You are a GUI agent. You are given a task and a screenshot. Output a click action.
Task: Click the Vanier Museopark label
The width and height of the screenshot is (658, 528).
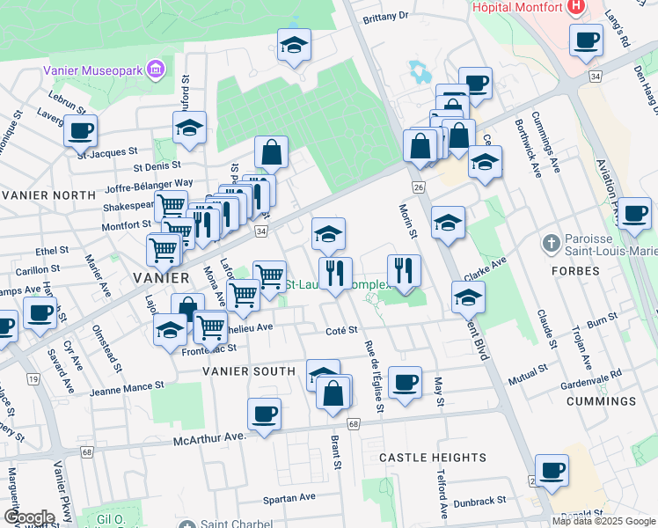[95, 70]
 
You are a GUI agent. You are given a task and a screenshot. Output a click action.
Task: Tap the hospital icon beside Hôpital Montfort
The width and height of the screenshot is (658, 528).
[575, 7]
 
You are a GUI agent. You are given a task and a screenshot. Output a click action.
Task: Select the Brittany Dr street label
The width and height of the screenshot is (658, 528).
[386, 16]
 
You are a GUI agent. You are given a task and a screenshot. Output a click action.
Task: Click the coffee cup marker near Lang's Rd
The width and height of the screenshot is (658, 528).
[586, 40]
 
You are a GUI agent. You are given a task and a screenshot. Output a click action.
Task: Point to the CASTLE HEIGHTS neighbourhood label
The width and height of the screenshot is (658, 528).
[432, 458]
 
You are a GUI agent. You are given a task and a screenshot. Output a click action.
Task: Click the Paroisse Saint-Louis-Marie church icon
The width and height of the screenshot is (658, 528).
[551, 242]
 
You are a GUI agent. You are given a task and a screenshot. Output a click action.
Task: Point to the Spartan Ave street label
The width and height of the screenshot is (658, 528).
[289, 497]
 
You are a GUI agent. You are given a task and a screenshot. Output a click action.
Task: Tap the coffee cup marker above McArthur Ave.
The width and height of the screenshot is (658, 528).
[264, 413]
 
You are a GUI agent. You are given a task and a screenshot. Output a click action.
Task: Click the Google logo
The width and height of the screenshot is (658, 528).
[29, 517]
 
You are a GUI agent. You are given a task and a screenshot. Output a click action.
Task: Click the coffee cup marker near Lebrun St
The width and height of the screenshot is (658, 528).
[80, 131]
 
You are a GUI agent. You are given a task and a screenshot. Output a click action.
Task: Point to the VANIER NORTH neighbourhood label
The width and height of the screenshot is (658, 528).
[48, 194]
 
